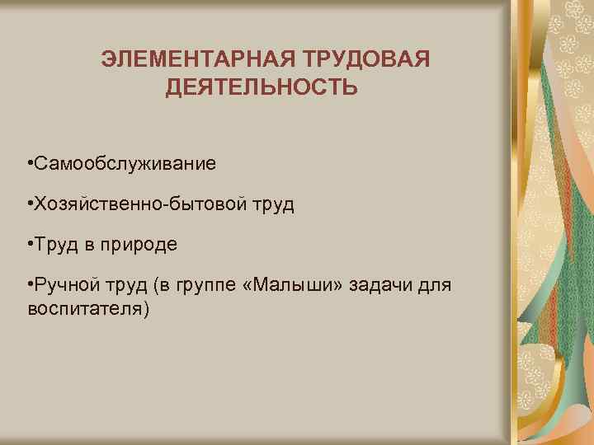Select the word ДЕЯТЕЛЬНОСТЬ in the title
point(262,87)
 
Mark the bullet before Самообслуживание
point(30,164)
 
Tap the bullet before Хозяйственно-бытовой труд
point(30,204)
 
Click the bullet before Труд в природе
point(30,245)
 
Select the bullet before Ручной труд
point(30,285)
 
